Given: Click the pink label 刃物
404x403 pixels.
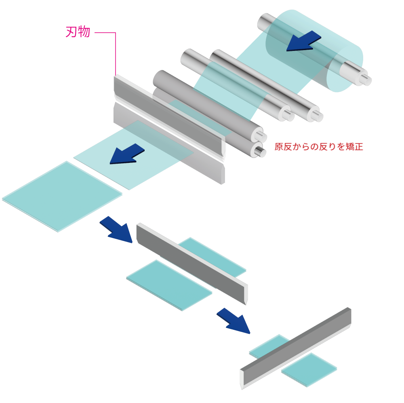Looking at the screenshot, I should pyautogui.click(x=78, y=32).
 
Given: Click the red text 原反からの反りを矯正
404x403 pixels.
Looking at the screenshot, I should pyautogui.click(x=319, y=147).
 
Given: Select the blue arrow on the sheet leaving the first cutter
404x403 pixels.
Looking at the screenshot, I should pyautogui.click(x=126, y=154).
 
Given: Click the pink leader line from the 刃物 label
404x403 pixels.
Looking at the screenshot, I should pyautogui.click(x=116, y=53).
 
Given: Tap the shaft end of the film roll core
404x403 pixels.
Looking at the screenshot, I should pyautogui.click(x=366, y=79).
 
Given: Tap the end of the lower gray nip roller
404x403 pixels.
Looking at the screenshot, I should pyautogui.click(x=259, y=151).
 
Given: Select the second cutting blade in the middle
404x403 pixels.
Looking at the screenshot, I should pyautogui.click(x=192, y=263).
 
